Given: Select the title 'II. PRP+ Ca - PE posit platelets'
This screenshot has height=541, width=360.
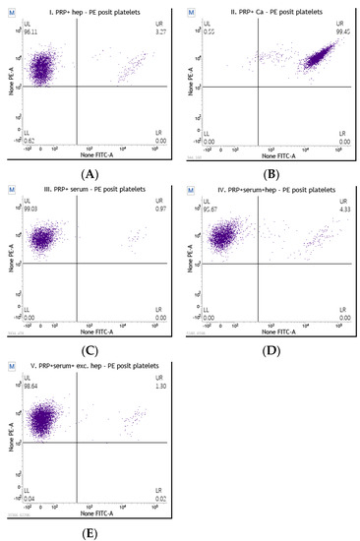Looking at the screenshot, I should coord(270,10).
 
